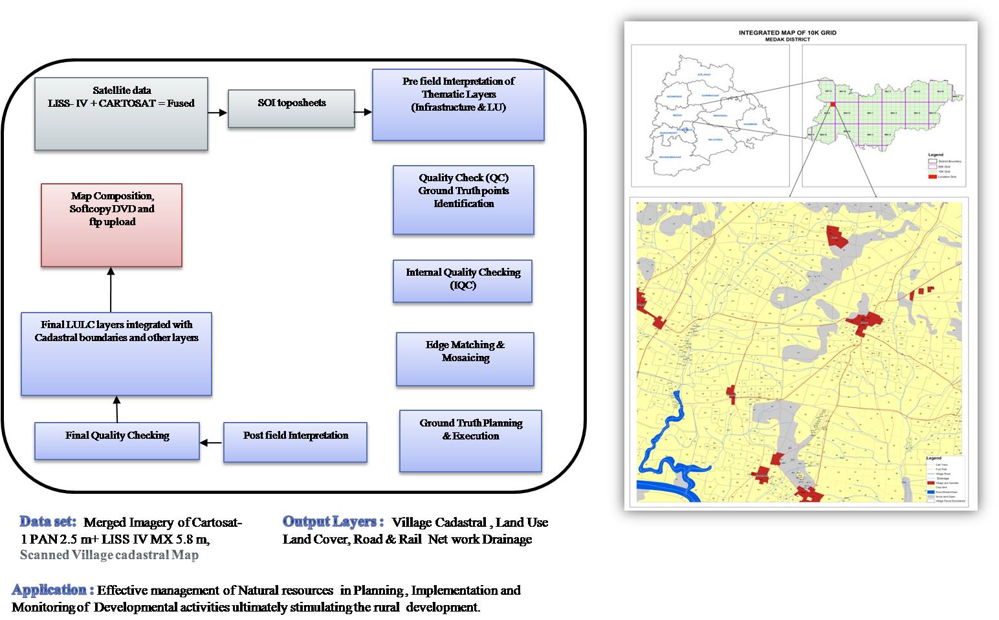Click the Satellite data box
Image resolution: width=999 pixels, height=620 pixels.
[x=121, y=114]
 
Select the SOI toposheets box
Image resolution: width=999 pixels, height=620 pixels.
[x=291, y=108]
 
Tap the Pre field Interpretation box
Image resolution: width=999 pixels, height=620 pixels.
[x=458, y=105]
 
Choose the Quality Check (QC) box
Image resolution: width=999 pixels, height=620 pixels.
[x=463, y=200]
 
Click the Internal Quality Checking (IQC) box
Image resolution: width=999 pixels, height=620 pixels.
[x=463, y=281]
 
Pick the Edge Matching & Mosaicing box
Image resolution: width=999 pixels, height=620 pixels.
[x=465, y=359]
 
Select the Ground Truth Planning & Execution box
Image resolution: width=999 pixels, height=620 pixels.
[x=470, y=441]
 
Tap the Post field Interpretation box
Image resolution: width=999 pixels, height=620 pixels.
[x=295, y=442]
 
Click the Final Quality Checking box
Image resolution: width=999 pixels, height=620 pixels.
[x=117, y=441]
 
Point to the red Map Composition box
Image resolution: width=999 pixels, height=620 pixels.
[x=111, y=225]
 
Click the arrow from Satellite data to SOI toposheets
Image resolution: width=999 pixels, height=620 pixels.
[x=217, y=113]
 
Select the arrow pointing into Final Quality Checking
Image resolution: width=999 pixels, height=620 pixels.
[x=211, y=443]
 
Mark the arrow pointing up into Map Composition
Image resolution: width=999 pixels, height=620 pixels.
[x=111, y=290]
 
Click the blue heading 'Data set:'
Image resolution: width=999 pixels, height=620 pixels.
[x=48, y=522]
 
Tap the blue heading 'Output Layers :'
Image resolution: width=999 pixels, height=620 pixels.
[x=333, y=522]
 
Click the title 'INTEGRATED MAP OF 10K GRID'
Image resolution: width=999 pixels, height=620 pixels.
[x=787, y=32]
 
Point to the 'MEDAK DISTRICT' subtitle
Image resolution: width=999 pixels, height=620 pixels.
[x=787, y=39]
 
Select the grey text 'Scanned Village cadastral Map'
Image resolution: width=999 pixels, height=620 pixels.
[x=109, y=555]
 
